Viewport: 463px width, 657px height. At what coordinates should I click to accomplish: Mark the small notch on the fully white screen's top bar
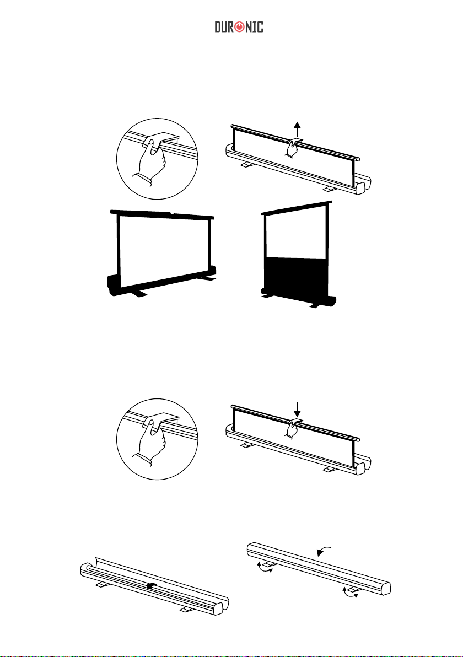(173, 213)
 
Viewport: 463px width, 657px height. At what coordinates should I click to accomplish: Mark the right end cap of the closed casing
(384, 587)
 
